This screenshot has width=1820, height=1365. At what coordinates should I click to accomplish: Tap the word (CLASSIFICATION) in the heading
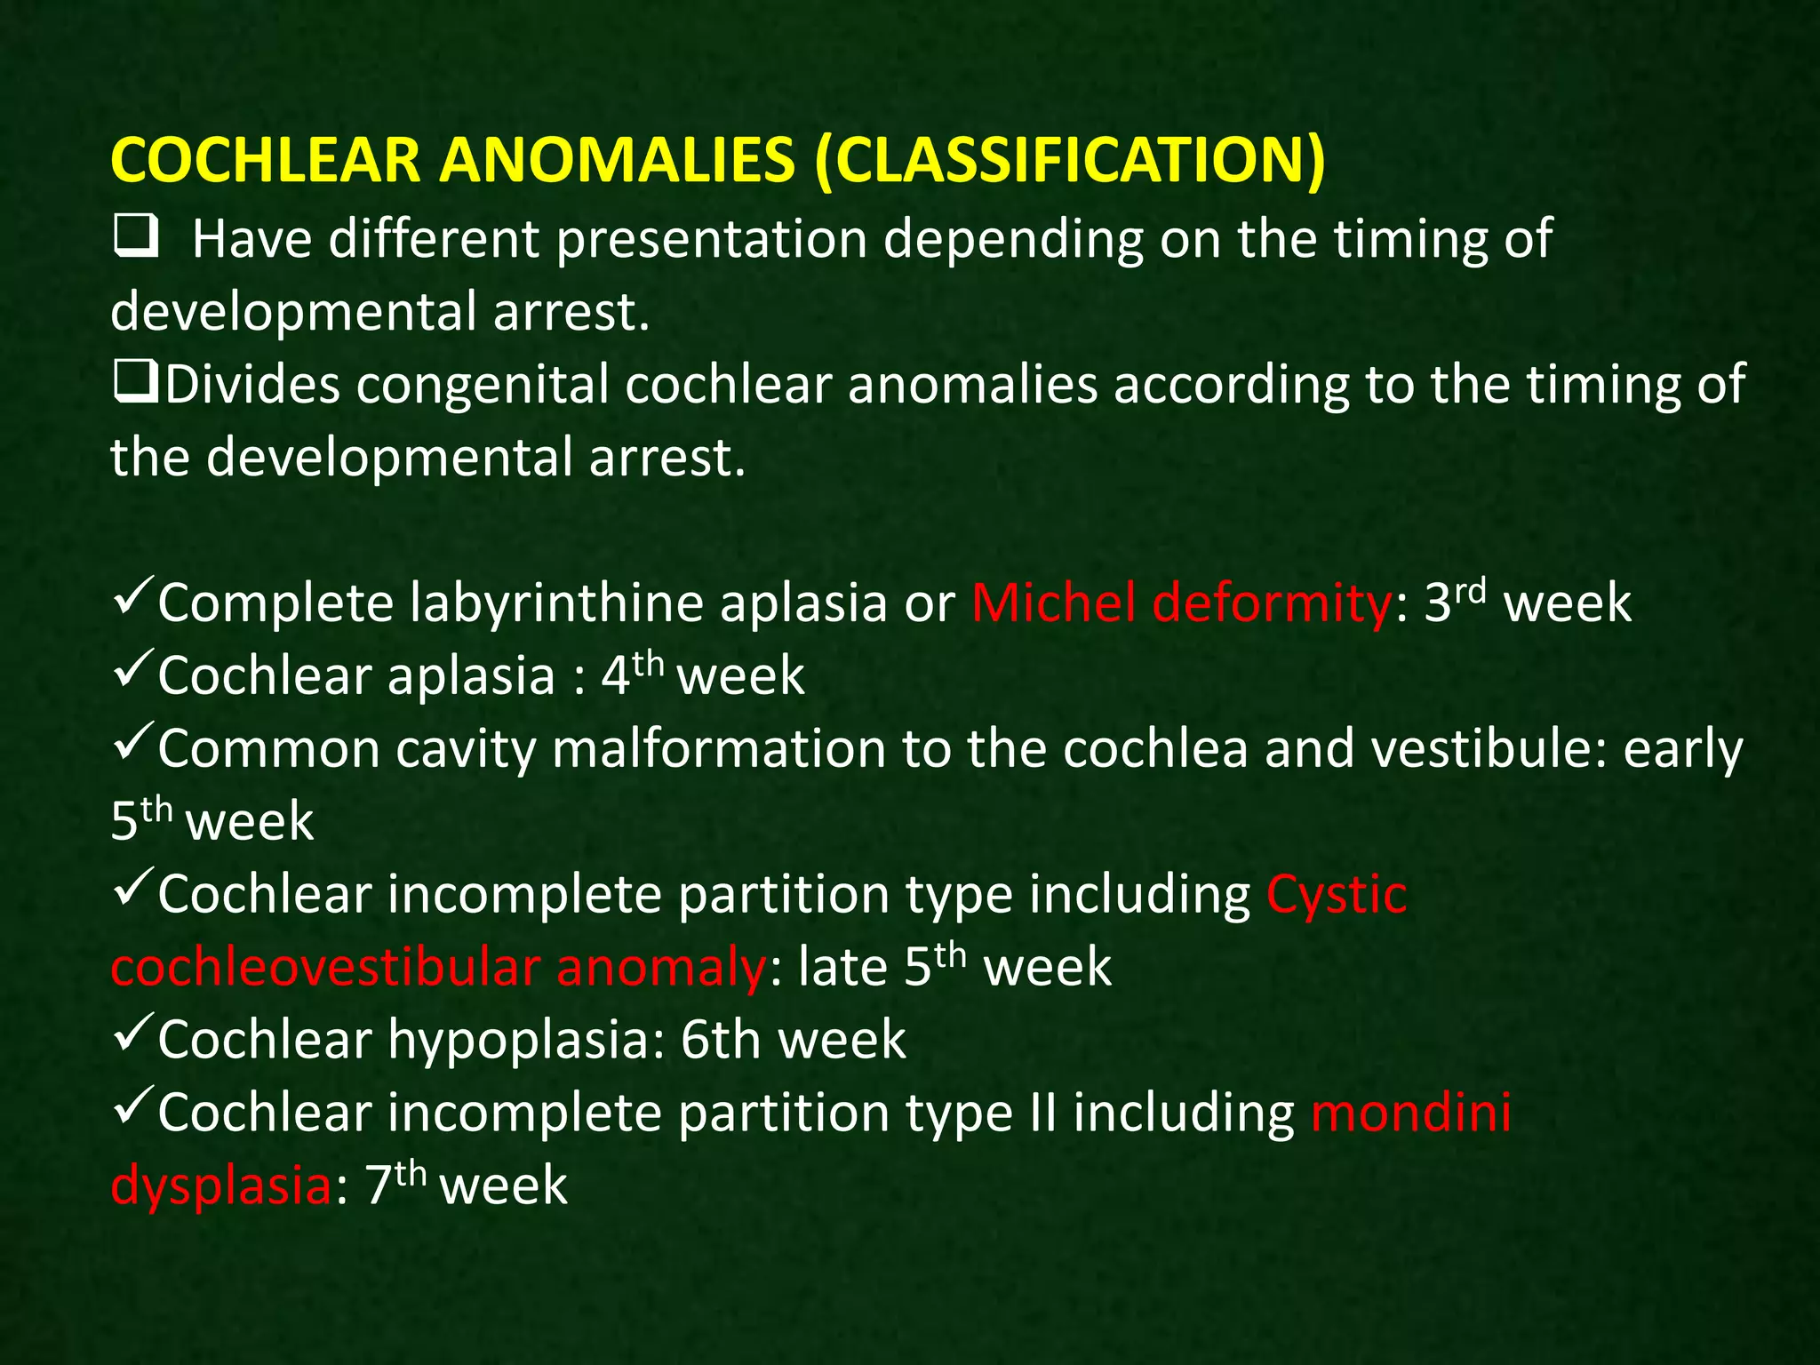(1070, 161)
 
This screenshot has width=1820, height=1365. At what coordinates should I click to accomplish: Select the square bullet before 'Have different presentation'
(136, 237)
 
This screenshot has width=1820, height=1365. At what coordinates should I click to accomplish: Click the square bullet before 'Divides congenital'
(136, 383)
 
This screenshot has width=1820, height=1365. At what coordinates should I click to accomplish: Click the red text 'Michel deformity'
(1181, 603)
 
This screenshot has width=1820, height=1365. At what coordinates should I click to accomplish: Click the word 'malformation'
(718, 749)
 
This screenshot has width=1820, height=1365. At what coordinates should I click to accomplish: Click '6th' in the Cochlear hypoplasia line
(718, 1040)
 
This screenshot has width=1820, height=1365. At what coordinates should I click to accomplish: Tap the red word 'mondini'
(1410, 1113)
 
